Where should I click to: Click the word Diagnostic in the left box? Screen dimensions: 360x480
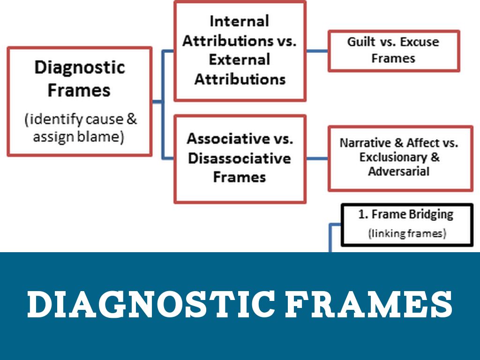79,67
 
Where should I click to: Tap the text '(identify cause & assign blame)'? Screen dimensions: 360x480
80,128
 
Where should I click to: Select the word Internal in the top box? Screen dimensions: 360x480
239,21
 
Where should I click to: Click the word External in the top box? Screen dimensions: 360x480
239,60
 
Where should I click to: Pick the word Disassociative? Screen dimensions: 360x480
239,158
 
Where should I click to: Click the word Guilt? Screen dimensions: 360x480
362,42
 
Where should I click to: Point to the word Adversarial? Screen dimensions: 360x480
398,171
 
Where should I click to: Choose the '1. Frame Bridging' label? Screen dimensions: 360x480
406,214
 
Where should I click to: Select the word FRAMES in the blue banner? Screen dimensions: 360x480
369,305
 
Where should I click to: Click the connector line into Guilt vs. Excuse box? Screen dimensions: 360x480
317,51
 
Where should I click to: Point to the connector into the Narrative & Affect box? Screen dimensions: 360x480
317,158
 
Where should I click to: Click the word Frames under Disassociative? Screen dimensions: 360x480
239,177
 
